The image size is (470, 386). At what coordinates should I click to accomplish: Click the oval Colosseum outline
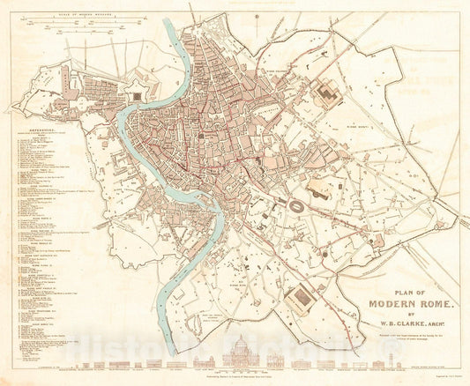[x=300, y=202]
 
